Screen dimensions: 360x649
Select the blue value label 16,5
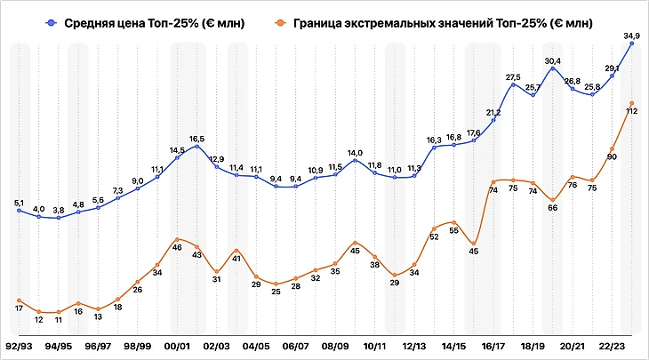coord(196,139)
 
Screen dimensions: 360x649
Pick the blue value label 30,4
coord(553,60)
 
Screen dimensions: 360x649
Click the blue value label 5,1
coord(20,204)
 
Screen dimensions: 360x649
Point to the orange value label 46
coord(178,247)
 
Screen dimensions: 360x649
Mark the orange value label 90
coord(612,156)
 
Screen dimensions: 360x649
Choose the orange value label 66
coord(552,207)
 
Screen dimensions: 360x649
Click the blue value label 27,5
coord(513,77)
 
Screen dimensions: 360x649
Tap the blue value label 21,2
coord(493,113)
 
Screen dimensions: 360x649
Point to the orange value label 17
coord(20,308)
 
